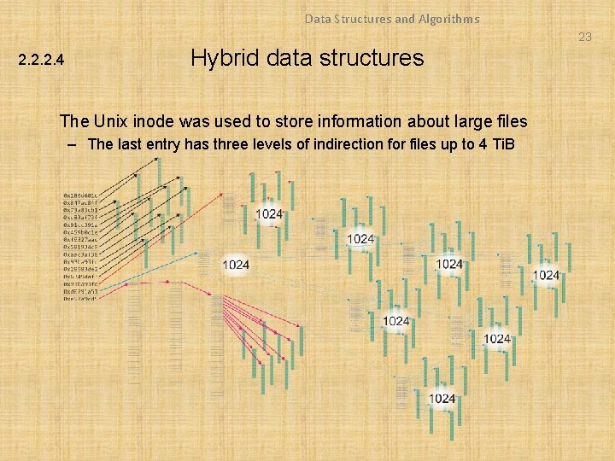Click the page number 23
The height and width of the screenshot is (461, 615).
[x=584, y=37]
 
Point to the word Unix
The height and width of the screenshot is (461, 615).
[x=107, y=121]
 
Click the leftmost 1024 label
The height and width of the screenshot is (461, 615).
[x=236, y=265]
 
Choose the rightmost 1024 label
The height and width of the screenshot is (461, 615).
[x=546, y=275]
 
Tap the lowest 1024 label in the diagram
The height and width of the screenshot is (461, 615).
[x=442, y=399]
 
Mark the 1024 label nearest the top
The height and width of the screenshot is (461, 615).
[x=269, y=213]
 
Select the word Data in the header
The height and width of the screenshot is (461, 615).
[x=318, y=18]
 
